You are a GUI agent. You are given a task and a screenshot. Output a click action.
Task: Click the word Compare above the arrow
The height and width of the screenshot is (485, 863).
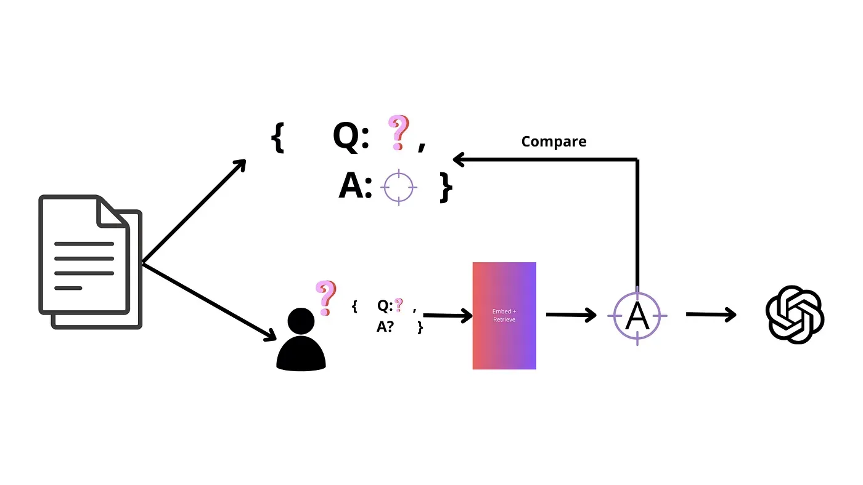click(554, 142)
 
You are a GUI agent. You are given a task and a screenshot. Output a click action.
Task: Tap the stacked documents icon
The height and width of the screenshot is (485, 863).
click(91, 261)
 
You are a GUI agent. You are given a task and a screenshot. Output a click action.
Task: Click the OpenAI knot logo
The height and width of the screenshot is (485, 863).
click(795, 315)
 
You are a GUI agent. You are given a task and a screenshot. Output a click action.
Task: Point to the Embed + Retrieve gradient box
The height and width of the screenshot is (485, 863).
click(504, 316)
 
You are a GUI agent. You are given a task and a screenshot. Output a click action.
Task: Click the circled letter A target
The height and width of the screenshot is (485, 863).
click(637, 316)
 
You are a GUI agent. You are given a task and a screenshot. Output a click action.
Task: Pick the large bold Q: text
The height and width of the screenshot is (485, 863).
click(351, 135)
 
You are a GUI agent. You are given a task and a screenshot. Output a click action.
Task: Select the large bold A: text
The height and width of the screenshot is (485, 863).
click(355, 186)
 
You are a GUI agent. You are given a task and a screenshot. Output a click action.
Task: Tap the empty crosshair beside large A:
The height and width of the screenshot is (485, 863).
click(399, 186)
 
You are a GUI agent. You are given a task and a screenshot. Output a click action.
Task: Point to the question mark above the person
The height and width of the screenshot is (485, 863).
click(325, 297)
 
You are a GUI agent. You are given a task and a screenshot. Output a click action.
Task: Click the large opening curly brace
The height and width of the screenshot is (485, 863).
click(277, 137)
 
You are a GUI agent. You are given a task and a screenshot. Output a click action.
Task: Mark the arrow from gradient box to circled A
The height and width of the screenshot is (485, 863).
click(571, 315)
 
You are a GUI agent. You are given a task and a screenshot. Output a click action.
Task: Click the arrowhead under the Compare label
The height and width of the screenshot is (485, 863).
click(459, 159)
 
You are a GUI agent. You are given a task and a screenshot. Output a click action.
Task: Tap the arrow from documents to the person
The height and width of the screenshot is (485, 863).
click(210, 302)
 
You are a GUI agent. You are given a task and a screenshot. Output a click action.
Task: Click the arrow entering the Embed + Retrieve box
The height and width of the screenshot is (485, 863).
click(448, 316)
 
